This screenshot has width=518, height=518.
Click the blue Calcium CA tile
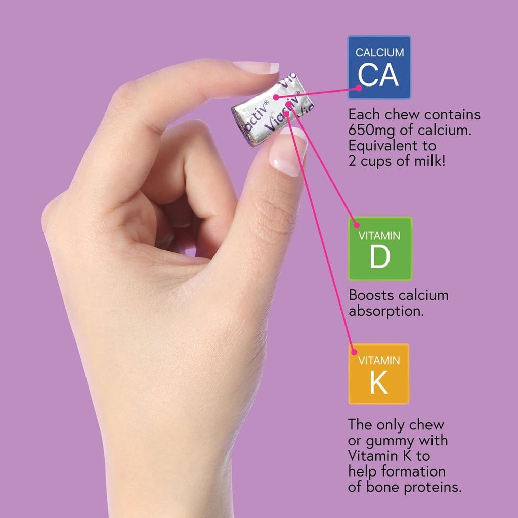379,67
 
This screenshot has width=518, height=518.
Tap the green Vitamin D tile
380,248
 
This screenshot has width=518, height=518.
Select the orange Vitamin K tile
379,374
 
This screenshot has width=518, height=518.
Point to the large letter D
379,257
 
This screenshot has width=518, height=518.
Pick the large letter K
379,383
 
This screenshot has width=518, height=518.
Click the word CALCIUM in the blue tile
379,52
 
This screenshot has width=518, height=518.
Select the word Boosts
372,295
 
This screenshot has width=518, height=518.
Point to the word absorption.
386,311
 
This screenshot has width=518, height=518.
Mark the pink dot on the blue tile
359,88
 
